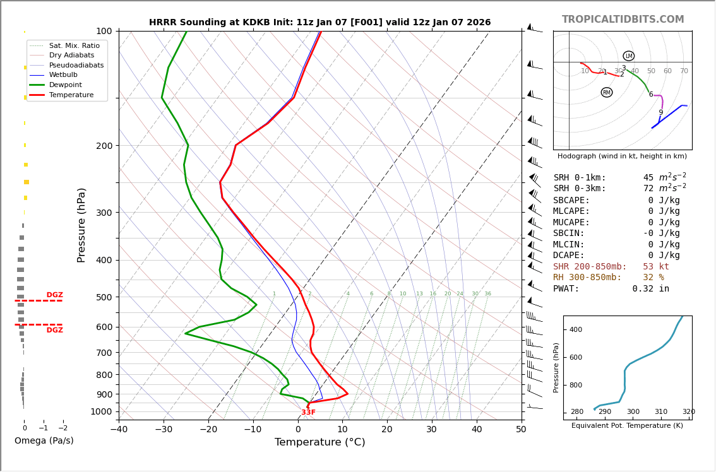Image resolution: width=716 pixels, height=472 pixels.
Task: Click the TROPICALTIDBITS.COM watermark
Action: pos(623,20)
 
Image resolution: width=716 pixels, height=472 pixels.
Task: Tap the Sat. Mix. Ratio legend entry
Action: pos(74,46)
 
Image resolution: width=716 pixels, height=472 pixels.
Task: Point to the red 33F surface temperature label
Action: pos(308,413)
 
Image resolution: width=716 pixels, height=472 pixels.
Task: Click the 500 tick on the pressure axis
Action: pos(104,297)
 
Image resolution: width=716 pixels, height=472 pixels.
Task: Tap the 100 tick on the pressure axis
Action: pos(104,31)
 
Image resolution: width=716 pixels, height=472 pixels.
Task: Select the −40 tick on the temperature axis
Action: pos(119,430)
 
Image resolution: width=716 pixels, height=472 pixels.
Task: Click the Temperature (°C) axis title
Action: pos(319,442)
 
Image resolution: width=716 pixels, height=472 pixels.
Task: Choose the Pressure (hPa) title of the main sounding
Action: pos(82,225)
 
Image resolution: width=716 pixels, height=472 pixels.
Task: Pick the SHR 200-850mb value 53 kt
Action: pos(655,267)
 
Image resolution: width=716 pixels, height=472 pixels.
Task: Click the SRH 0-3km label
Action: pos(579,189)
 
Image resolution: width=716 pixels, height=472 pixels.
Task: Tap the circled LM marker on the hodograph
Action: pos(628,56)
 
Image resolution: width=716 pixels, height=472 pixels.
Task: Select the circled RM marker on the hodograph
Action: pos(607,93)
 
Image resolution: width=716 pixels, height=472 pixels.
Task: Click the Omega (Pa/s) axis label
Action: pos(44,440)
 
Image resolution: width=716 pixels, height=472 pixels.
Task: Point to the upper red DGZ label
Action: pos(54,295)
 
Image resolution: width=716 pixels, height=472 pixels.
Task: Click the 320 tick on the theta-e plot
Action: pos(688,412)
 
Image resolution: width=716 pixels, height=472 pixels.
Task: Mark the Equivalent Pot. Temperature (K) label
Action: pos(627,426)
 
